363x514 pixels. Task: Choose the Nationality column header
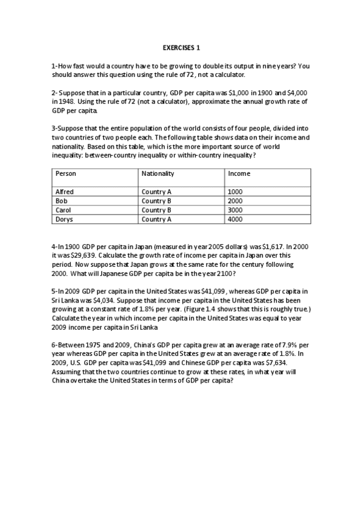[158, 173]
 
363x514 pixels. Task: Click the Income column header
[239, 173]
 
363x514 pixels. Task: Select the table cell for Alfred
[65, 192]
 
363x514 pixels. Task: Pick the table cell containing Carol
[64, 210]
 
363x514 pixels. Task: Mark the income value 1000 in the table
[235, 192]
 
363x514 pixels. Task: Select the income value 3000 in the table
[235, 210]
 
